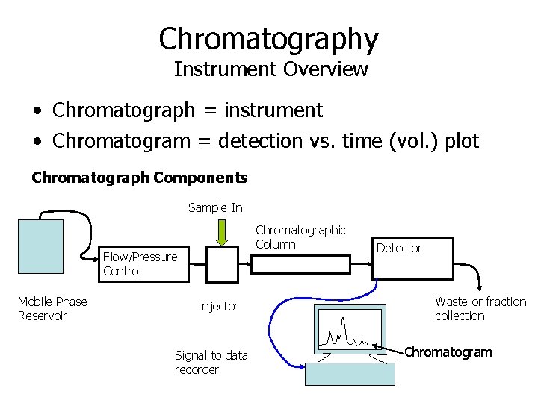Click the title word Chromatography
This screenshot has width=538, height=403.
point(268,39)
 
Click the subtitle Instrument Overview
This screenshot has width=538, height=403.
point(270,69)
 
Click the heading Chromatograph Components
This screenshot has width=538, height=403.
point(139,178)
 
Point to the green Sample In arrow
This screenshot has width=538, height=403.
point(221,231)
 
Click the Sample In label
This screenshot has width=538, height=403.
point(215,207)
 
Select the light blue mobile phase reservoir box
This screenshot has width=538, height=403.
point(41,247)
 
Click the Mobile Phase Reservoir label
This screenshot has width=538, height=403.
point(52,308)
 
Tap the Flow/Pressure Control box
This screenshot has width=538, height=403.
point(145,264)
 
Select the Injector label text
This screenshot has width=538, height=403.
point(217,306)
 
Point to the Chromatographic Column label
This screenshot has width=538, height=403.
point(300,237)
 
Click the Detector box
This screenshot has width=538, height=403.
point(413,258)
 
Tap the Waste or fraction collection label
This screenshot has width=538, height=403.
point(480,308)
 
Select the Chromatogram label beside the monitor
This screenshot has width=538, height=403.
point(448,352)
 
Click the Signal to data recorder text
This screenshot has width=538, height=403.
point(211,362)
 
